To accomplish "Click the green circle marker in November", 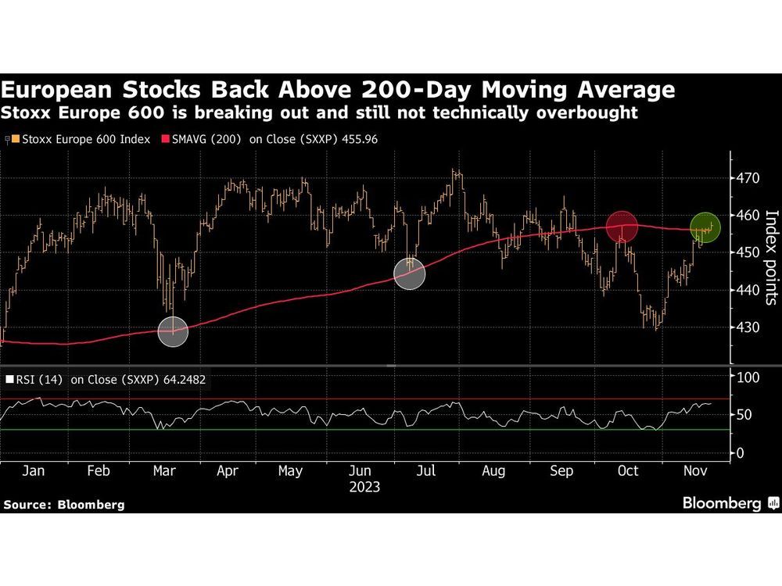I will [x=705, y=227].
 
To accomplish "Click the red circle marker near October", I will [x=622, y=227].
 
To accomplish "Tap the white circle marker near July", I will [x=410, y=273].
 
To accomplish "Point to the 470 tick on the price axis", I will [x=749, y=178].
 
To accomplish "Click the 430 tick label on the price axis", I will [x=749, y=327].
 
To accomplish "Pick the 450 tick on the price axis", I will [x=749, y=252].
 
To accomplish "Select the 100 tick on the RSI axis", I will [x=749, y=377].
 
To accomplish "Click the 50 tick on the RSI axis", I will [x=745, y=415].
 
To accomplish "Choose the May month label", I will [x=289, y=471].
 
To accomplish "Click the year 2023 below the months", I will [x=364, y=488].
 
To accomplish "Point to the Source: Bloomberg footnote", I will [x=63, y=505].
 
